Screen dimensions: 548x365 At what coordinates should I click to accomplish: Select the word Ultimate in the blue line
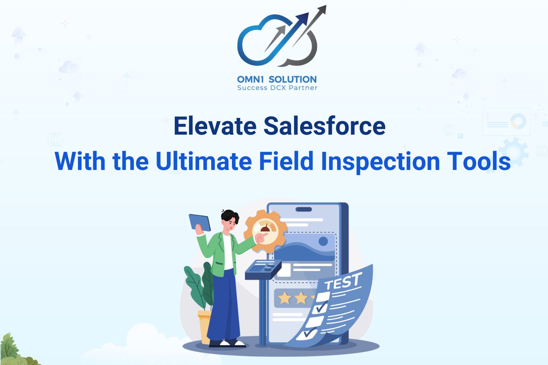(204, 161)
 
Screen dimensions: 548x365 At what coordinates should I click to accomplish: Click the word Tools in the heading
(479, 161)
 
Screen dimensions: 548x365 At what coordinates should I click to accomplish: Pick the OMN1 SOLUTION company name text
(277, 79)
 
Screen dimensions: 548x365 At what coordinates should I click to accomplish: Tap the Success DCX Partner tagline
(277, 88)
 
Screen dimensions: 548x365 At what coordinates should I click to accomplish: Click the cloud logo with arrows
(281, 37)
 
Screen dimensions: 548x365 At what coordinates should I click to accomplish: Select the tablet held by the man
(200, 222)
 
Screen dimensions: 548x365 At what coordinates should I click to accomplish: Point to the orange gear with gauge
(265, 231)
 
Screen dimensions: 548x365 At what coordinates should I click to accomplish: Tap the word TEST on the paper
(343, 281)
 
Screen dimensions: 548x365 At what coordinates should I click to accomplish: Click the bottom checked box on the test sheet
(307, 333)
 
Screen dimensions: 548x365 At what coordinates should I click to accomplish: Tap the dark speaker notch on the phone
(304, 209)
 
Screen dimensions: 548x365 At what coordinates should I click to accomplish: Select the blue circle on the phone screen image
(323, 241)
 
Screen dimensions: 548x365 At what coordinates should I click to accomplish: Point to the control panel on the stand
(263, 269)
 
